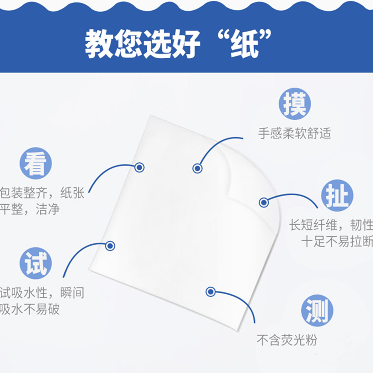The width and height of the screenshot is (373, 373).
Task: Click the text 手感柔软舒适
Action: pyautogui.click(x=295, y=134)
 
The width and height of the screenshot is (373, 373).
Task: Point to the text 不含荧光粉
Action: pyautogui.click(x=287, y=340)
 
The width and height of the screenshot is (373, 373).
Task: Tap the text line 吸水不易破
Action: pyautogui.click(x=30, y=309)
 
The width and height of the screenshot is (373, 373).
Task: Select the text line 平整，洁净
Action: pyautogui.click(x=30, y=209)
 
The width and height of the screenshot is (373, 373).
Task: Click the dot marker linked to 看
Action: pyautogui.click(x=139, y=167)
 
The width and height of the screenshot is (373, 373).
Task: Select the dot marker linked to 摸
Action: pyautogui.click(x=197, y=168)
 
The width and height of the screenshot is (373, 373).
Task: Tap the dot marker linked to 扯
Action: pyautogui.click(x=263, y=202)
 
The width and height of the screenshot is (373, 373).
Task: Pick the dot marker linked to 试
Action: pyautogui.click(x=110, y=246)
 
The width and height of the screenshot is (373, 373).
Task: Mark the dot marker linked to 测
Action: pyautogui.click(x=210, y=292)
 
